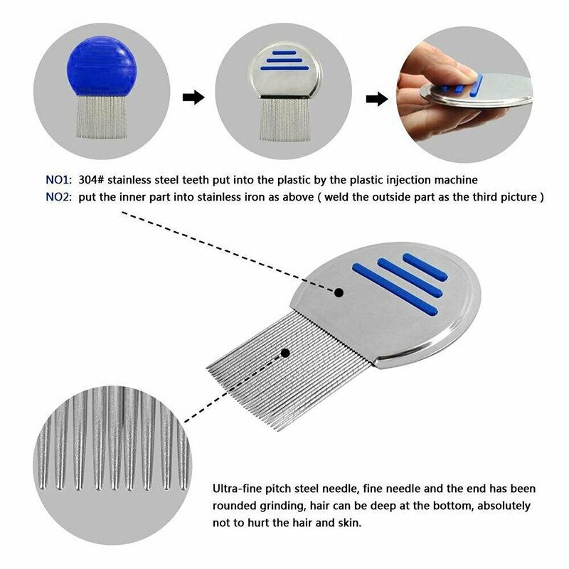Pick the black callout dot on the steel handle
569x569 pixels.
339,292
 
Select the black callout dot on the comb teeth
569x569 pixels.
286,352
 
